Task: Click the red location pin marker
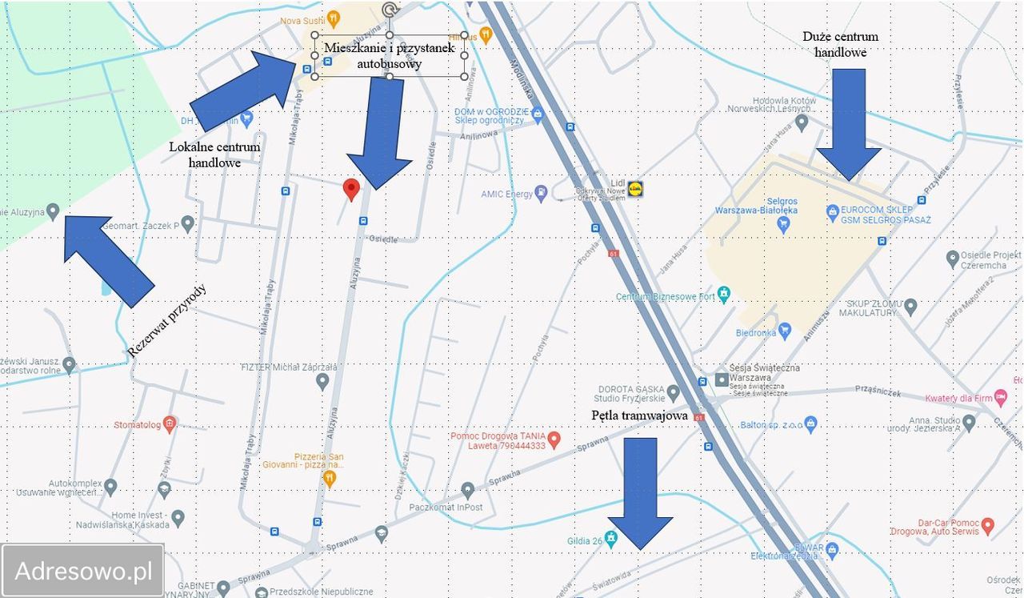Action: point(350,189)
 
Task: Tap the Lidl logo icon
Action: point(636,189)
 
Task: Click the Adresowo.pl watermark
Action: point(83,571)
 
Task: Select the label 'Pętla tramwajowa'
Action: point(639,415)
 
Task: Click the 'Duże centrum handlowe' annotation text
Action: point(840,44)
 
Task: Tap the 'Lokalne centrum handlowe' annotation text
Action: point(214,155)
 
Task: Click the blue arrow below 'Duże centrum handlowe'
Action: point(849,122)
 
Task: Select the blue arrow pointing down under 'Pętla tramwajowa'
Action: point(640,492)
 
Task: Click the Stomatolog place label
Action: point(137,424)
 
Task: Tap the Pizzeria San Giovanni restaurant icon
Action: point(330,478)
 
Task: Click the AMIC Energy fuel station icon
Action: point(542,193)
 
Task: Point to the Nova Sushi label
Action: point(301,20)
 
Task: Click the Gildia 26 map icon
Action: point(612,540)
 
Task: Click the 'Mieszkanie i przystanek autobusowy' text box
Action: point(390,55)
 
